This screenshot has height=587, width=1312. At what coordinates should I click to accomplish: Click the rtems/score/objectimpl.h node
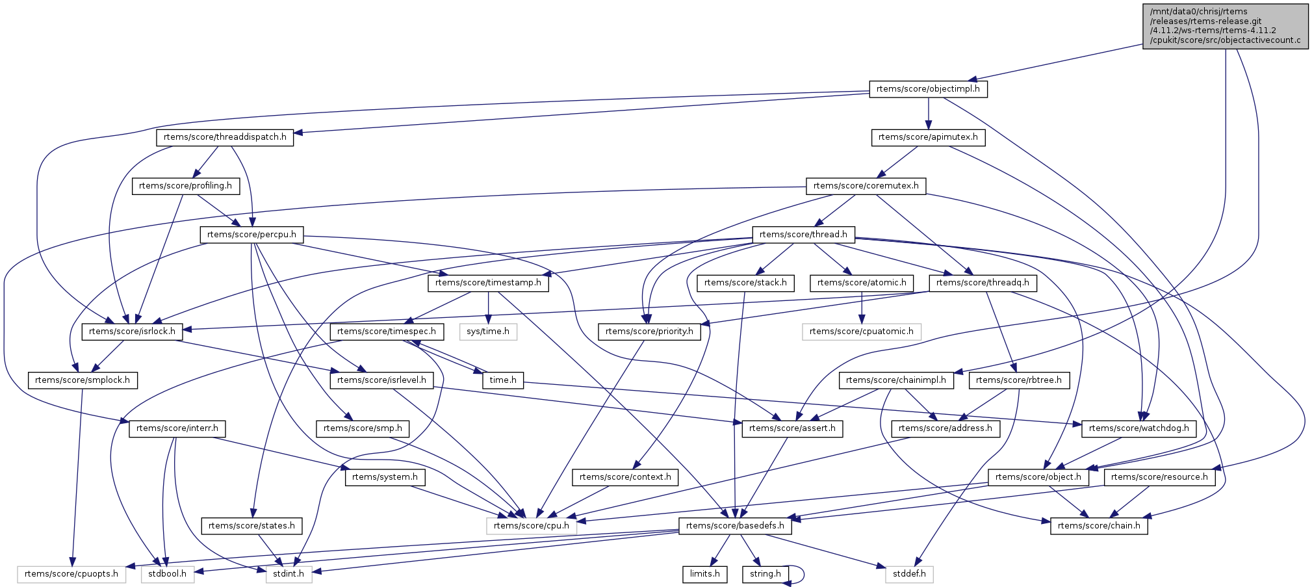click(x=928, y=89)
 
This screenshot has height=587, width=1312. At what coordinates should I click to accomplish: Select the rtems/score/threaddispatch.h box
click(x=225, y=137)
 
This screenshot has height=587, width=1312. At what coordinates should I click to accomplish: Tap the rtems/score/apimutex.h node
click(x=928, y=137)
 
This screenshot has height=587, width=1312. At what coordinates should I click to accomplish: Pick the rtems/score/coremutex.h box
click(x=866, y=186)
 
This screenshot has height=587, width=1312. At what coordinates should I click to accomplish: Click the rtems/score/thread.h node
click(x=803, y=234)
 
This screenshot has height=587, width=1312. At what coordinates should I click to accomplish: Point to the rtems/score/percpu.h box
click(x=251, y=234)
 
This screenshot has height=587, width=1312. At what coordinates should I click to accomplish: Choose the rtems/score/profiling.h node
click(x=185, y=186)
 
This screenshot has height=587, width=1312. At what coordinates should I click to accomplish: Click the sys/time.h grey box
click(x=488, y=332)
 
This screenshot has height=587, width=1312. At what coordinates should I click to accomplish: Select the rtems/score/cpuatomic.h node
click(x=861, y=332)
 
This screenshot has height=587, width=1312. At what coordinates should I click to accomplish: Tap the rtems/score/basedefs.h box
click(x=735, y=526)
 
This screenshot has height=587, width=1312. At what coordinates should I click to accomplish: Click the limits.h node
click(x=705, y=574)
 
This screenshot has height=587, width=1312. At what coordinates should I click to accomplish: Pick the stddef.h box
click(x=909, y=574)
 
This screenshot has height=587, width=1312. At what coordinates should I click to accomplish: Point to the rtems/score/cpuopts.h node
click(x=71, y=574)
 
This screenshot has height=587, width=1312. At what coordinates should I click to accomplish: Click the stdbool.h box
click(x=168, y=574)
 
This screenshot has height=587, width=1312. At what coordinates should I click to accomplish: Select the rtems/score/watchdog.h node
click(x=1138, y=428)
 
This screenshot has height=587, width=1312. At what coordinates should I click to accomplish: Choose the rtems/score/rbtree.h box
click(x=1018, y=380)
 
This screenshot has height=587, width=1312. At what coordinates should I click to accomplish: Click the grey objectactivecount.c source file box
click(x=1226, y=26)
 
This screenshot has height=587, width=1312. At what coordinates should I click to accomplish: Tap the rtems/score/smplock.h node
click(x=83, y=380)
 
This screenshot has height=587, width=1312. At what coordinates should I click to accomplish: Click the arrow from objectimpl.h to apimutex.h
click(x=928, y=113)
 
